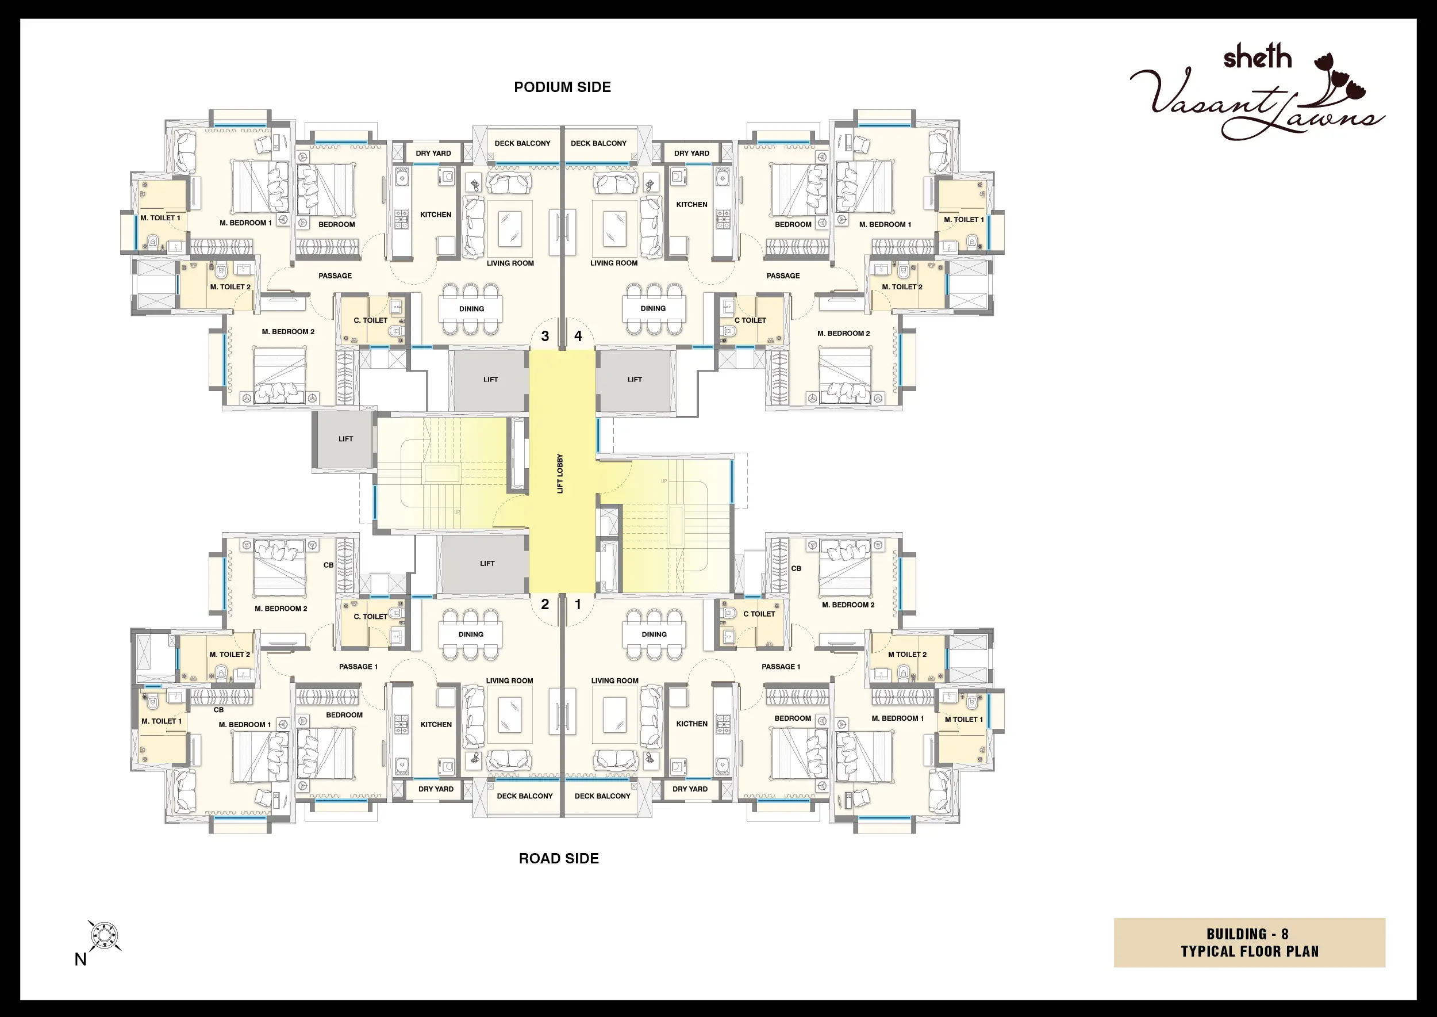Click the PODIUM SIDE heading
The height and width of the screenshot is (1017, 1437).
(562, 87)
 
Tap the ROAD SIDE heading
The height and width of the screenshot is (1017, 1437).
(558, 859)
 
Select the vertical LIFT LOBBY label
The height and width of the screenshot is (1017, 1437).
(560, 473)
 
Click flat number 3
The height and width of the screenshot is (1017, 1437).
(545, 337)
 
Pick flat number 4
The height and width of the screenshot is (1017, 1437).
(578, 337)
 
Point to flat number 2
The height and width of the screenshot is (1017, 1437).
(545, 605)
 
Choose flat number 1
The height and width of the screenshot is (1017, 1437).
(578, 605)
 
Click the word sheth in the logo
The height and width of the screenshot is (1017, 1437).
(1258, 58)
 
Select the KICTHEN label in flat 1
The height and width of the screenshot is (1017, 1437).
(691, 724)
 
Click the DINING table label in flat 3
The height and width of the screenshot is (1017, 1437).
(471, 309)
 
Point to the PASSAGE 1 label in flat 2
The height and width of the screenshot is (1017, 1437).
(358, 667)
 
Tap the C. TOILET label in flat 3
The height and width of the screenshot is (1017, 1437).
(371, 320)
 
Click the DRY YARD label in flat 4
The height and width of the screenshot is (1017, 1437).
(691, 154)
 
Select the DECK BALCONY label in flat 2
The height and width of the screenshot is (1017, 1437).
(524, 797)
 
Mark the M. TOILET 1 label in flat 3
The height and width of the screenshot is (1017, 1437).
(160, 219)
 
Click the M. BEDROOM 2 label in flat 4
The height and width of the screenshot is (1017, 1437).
(844, 334)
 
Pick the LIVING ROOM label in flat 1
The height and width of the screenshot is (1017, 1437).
(614, 681)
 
